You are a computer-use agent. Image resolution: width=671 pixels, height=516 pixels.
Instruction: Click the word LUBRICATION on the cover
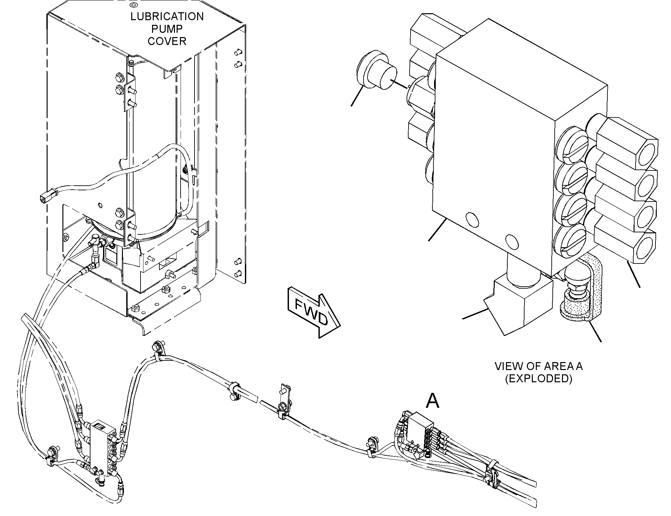click(x=167, y=17)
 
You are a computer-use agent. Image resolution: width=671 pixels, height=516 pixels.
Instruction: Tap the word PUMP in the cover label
click(x=167, y=29)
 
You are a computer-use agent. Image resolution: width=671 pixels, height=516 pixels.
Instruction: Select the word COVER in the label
click(x=167, y=41)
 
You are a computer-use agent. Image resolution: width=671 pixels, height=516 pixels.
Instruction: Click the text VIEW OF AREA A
click(x=538, y=366)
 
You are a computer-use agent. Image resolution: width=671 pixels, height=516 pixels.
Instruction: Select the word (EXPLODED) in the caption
click(x=538, y=379)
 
